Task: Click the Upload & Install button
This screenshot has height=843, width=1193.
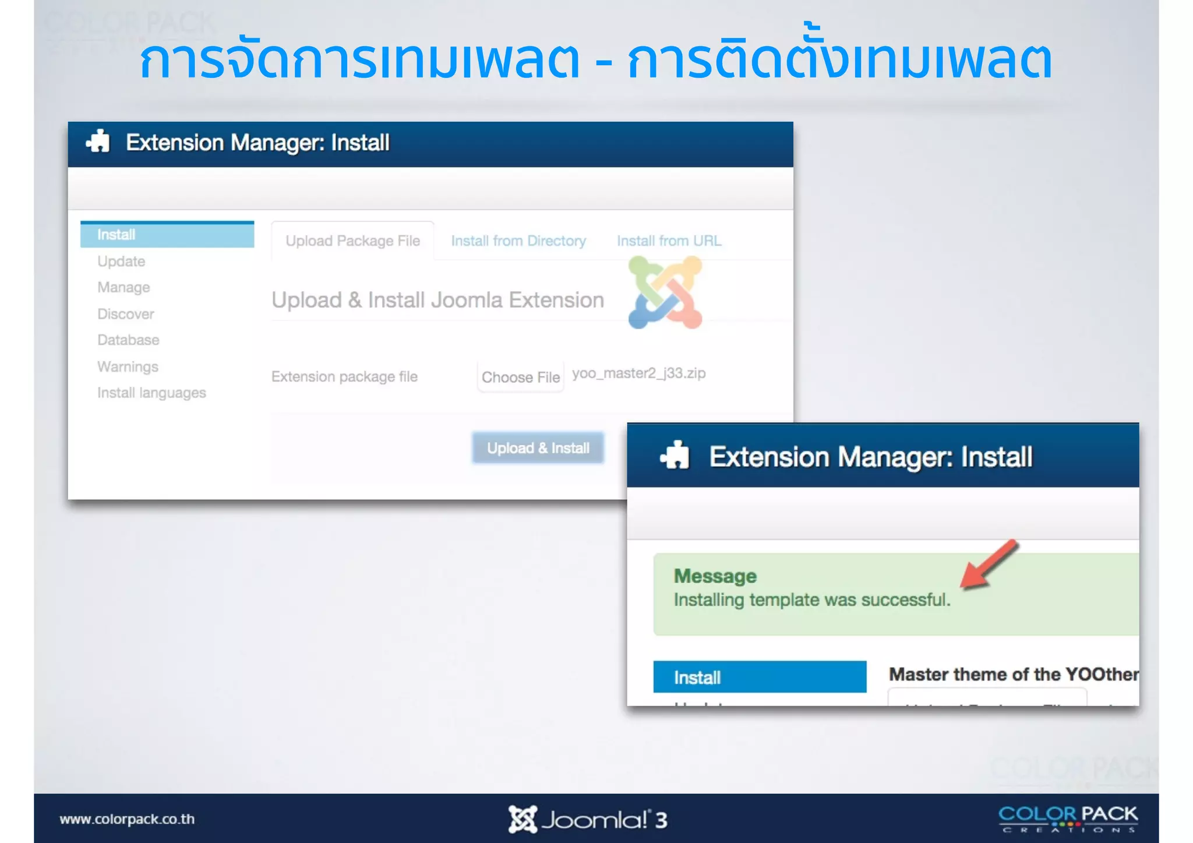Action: [x=538, y=448]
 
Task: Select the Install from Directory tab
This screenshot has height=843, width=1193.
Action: [x=518, y=241]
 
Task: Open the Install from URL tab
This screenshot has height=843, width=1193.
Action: [x=669, y=241]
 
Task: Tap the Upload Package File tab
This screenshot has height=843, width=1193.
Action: [x=352, y=241]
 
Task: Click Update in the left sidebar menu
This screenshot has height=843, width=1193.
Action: [x=121, y=261]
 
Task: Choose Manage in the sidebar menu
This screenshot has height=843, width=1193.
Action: [x=123, y=287]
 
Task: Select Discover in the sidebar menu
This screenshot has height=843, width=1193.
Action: [x=126, y=314]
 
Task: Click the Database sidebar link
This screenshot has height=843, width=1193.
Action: [x=128, y=340]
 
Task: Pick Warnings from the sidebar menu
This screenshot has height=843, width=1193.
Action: [x=128, y=366]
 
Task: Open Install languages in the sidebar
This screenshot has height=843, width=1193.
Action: [x=151, y=393]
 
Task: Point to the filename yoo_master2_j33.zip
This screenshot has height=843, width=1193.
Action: [x=638, y=373]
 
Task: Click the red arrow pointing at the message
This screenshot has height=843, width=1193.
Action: [x=989, y=564]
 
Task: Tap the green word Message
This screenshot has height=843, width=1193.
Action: [x=715, y=576]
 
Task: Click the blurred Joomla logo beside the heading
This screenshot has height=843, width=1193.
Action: [x=665, y=293]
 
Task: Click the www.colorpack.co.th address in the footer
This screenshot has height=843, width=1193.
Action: [x=127, y=819]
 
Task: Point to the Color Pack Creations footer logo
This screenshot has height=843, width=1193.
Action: [x=1068, y=819]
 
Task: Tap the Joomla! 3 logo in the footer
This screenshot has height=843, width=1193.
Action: [x=587, y=819]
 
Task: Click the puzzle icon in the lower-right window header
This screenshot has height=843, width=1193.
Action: [x=675, y=456]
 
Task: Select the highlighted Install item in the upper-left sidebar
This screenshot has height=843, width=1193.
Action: [x=167, y=235]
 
